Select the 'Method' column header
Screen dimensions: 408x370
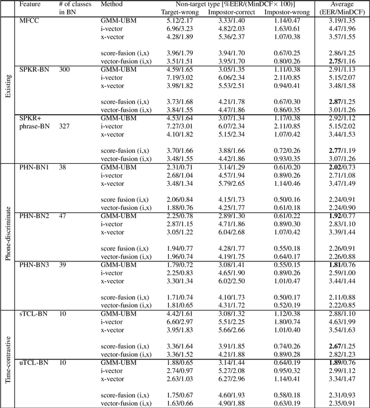112,3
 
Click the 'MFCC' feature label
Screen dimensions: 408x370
30,20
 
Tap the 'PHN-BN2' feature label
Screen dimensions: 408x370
35,214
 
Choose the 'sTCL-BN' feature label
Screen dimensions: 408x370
34,313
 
